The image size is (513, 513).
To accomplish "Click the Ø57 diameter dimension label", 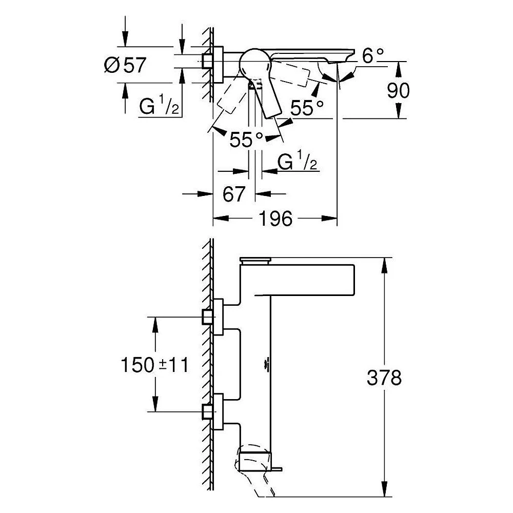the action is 125,65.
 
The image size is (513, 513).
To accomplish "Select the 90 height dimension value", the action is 398,91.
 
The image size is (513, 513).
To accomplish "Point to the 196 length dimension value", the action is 275,219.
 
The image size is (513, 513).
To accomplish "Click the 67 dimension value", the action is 233,194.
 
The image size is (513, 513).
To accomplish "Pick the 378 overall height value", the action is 384,378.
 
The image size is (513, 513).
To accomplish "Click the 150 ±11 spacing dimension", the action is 155,365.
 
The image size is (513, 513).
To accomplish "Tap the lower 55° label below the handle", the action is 246,140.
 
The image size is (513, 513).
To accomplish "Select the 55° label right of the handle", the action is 307,108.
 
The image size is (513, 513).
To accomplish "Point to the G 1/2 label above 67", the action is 298,160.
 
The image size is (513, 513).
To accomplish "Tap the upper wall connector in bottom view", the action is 213,317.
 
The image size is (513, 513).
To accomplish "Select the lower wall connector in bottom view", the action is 213,412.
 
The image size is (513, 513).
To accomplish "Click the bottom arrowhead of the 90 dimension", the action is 398,111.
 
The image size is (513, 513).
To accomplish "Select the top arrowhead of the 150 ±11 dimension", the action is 155,324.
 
